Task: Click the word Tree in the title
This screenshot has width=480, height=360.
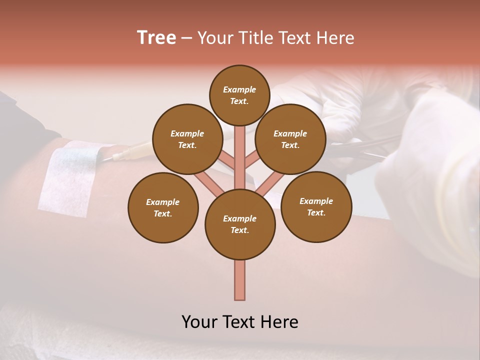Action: click(x=156, y=38)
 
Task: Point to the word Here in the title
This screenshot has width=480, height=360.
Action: click(x=335, y=38)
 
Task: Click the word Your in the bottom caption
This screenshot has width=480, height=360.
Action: click(x=199, y=322)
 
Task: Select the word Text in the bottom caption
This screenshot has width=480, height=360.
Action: click(x=239, y=322)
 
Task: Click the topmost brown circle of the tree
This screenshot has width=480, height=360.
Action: click(x=239, y=95)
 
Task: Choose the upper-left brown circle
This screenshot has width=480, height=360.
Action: click(x=187, y=139)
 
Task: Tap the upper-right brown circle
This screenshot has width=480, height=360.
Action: click(x=290, y=139)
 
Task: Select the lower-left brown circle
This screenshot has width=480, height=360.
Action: click(x=162, y=207)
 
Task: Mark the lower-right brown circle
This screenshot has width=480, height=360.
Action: click(x=316, y=206)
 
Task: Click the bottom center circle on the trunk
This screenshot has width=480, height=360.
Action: click(x=240, y=224)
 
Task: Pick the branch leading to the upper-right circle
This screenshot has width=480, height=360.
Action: click(x=252, y=160)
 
